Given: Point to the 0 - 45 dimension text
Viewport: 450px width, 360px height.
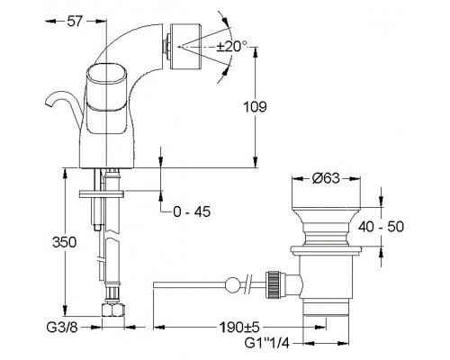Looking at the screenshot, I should pyautogui.click(x=192, y=211).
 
